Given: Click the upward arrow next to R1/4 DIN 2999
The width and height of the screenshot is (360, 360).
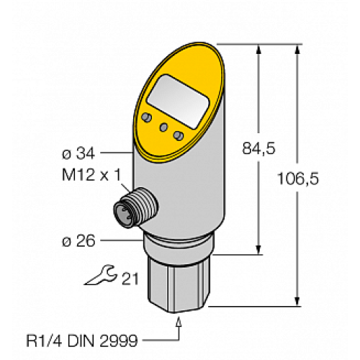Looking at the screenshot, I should click(178, 327).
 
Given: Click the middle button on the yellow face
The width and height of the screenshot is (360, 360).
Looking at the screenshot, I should click(165, 127).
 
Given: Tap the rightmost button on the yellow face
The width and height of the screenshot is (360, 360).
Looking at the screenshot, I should click(179, 135).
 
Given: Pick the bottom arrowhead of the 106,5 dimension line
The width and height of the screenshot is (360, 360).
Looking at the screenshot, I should click(296, 300).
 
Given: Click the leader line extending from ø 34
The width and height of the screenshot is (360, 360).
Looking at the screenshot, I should click(115, 153).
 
